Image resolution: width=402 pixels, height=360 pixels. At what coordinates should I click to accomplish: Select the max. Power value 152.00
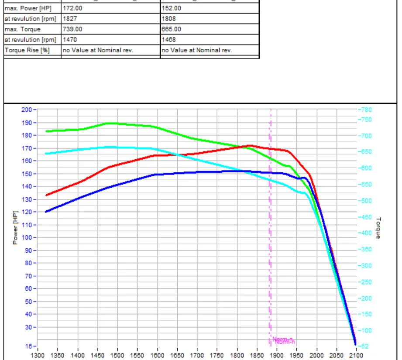[171, 8]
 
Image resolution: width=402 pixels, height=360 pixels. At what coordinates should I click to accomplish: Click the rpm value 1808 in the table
[168, 19]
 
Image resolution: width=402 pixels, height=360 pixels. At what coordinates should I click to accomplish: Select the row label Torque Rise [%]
[27, 50]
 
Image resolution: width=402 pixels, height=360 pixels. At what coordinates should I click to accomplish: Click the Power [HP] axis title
[15, 227]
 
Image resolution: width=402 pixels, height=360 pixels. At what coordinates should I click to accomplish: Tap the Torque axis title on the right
[378, 227]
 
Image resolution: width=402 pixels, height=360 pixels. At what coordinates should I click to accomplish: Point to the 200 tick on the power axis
[26, 110]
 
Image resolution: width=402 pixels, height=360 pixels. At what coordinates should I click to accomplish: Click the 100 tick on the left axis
[26, 237]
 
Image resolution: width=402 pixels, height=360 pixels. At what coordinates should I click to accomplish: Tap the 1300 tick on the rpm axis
[38, 355]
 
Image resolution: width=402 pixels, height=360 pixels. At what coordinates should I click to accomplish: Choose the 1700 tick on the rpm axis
[197, 355]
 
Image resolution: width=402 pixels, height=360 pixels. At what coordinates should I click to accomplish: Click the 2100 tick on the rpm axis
[356, 355]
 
